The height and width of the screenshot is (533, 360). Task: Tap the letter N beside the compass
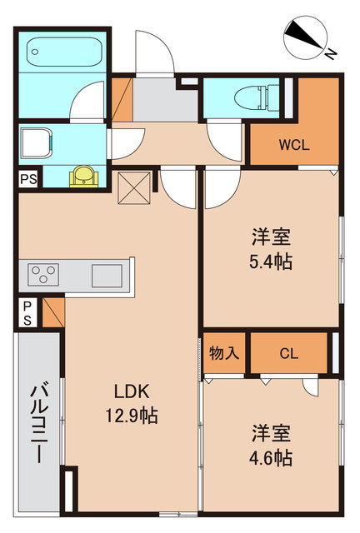331,55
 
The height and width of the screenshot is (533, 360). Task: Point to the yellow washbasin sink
83,175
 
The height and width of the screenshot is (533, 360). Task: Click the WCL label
293,143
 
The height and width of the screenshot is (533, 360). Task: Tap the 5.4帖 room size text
271,261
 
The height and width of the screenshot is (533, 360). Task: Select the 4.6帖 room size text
271,457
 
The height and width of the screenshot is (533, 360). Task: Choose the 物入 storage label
224,353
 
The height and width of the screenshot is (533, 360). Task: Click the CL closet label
288,353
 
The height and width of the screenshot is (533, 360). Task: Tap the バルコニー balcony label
38,416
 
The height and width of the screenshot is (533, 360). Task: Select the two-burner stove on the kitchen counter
44,274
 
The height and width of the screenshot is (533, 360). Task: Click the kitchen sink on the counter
107,274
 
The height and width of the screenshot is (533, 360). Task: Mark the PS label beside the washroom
28,178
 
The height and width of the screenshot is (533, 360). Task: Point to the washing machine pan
37,142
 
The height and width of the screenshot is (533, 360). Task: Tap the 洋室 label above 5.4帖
271,235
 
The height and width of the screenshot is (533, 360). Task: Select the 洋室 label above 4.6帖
271,432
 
